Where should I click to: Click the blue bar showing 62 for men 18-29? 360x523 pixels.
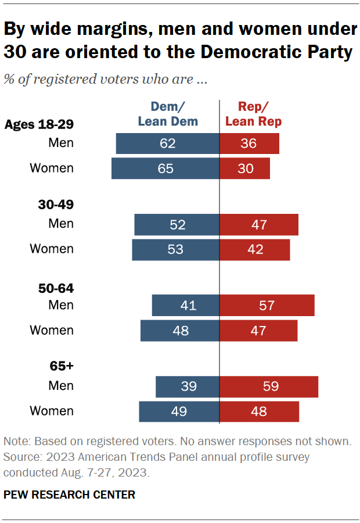[167, 144]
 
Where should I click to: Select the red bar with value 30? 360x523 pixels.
[244, 169]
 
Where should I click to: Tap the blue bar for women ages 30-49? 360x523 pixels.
[175, 249]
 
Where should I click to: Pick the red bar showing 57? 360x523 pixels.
[267, 305]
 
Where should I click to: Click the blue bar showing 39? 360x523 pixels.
[187, 386]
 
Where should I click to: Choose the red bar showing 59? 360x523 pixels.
[268, 386]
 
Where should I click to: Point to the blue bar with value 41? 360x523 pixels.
[185, 305]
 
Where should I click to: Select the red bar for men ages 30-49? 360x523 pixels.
[258, 224]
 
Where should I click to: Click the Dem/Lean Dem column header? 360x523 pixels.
[167, 114]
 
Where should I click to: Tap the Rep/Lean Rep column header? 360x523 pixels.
[253, 114]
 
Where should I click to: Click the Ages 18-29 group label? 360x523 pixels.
[39, 124]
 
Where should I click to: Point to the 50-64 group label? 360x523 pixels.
[57, 288]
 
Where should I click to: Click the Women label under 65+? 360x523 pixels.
[52, 411]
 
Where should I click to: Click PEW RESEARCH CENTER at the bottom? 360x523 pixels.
[69, 495]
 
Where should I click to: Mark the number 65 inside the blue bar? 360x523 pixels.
[165, 169]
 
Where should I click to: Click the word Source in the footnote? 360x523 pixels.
[21, 457]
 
